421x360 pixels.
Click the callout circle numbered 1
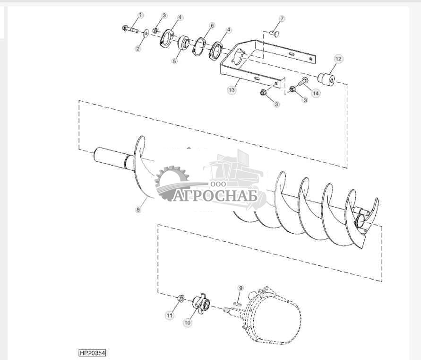[140, 16]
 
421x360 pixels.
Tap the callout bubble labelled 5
[174, 61]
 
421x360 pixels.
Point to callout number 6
[212, 25]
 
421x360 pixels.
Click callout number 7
[282, 19]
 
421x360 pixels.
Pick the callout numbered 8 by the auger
[138, 209]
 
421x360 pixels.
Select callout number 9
[241, 288]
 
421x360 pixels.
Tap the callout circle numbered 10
[188, 323]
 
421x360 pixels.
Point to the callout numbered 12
[338, 59]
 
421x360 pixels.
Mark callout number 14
[315, 93]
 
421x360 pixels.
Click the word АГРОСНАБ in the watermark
[215, 195]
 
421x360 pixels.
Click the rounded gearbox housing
[275, 316]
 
